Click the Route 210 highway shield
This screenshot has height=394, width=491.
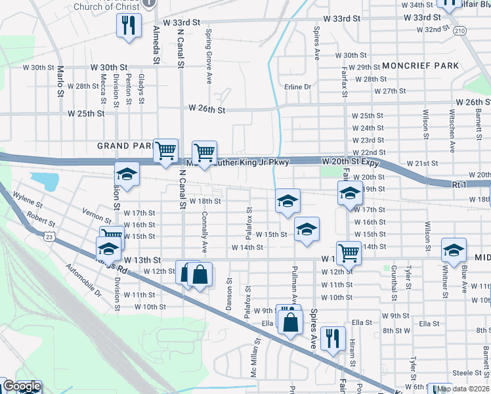click(x=459, y=31)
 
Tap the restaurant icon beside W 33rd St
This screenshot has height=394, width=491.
click(x=128, y=26)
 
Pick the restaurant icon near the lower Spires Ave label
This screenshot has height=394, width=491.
click(x=333, y=338)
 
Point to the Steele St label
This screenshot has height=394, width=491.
click(x=467, y=373)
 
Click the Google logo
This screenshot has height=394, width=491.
click(x=22, y=387)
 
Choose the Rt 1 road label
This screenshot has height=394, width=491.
click(x=459, y=186)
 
